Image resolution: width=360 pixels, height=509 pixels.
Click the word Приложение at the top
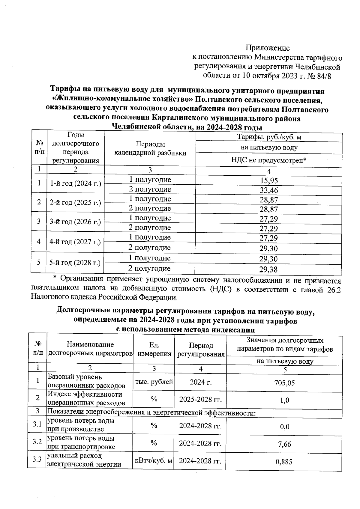click(268, 48)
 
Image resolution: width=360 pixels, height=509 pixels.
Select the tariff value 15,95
click(269, 180)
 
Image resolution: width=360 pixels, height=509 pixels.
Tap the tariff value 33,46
click(269, 190)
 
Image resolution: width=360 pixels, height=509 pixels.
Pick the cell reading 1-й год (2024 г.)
click(75, 183)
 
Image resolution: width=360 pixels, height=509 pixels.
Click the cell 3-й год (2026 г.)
click(75, 222)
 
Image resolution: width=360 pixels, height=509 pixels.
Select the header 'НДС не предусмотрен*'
click(269, 160)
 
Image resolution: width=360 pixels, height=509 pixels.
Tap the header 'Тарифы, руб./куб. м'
click(269, 137)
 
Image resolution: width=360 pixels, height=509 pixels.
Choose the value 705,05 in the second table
click(284, 383)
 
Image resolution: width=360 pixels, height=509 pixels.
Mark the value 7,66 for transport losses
click(284, 444)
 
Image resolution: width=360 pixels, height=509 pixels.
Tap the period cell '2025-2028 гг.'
click(200, 400)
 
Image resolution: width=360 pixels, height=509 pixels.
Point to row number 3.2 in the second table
click(37, 442)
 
